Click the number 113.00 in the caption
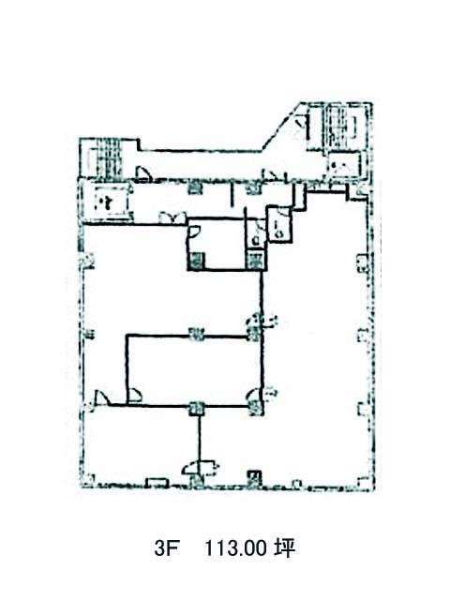pos(235,548)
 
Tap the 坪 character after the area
pos(284,548)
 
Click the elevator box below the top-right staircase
pos(344,166)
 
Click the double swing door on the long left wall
pos(172,217)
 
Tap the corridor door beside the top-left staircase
pos(144,173)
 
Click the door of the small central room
pos(194,232)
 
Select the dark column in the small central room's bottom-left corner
pos(196,262)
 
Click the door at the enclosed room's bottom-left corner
pos(135,396)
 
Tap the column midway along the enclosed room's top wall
pos(196,335)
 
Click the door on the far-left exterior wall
pos(100,398)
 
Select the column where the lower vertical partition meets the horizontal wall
pos(196,409)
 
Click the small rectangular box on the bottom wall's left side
pos(157,483)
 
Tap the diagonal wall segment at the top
pos(281,127)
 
